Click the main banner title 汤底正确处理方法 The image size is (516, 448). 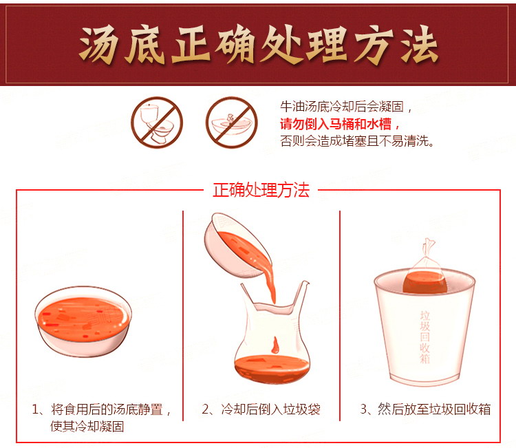(x=258, y=45)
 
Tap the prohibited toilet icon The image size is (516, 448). (x=157, y=122)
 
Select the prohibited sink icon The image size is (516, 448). (x=232, y=122)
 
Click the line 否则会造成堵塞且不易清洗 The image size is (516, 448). (x=356, y=141)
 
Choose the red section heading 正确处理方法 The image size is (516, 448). (x=261, y=190)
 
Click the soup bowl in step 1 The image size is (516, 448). (x=83, y=321)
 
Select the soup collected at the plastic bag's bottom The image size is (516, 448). (x=272, y=370)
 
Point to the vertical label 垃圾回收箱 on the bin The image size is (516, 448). (x=425, y=337)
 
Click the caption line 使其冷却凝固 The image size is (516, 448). (x=87, y=427)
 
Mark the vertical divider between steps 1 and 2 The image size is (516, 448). (x=183, y=316)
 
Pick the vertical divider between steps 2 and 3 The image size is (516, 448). (x=340, y=316)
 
